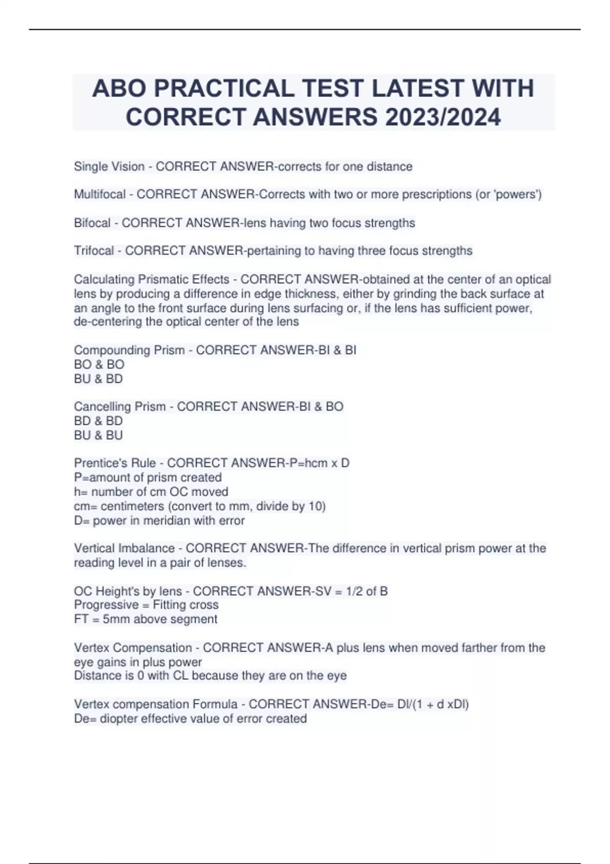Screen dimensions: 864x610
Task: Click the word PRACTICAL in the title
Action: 224,88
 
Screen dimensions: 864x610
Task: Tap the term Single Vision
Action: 109,167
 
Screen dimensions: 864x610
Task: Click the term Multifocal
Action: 100,195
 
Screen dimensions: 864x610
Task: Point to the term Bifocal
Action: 92,223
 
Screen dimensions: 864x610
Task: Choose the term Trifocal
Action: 94,251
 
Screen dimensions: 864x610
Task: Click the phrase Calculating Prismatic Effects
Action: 151,280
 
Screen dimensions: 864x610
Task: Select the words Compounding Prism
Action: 129,350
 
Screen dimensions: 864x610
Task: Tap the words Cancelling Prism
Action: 120,407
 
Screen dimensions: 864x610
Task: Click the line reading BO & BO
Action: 99,364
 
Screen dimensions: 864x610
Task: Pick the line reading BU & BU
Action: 99,435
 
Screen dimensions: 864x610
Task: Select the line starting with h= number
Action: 151,491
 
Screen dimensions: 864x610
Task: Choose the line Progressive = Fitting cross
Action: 146,605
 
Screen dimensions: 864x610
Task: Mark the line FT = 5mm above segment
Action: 146,619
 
